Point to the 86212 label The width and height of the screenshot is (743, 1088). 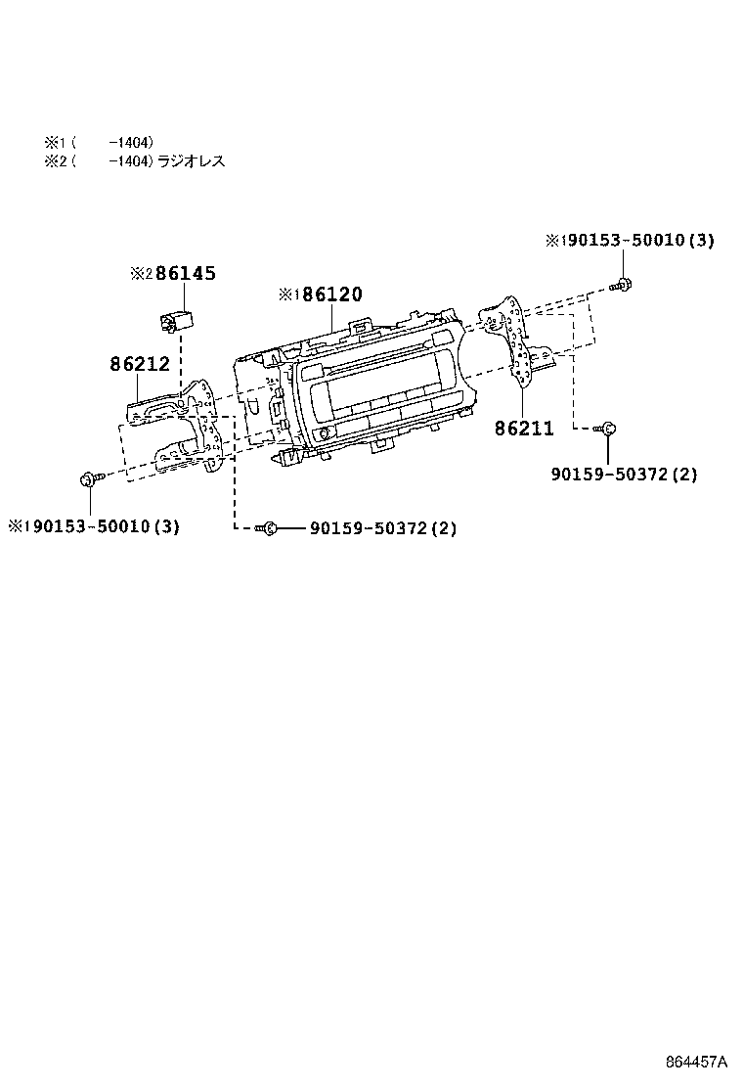(140, 364)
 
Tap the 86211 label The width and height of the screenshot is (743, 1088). (524, 429)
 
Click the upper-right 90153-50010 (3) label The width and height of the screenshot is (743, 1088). (636, 241)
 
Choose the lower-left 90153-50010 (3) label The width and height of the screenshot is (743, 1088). (101, 526)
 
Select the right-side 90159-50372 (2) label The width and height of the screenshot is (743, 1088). (624, 474)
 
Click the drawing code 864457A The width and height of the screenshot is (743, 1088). (698, 1062)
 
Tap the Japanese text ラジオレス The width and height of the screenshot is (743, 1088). (192, 161)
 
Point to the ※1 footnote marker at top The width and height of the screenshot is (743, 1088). (53, 142)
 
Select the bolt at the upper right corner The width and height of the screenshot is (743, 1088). (622, 286)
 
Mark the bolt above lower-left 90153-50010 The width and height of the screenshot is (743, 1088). (88, 478)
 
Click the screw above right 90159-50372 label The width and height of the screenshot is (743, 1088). (605, 429)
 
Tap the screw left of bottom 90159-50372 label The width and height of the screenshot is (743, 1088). (266, 528)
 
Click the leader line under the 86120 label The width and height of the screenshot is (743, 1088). (333, 318)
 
